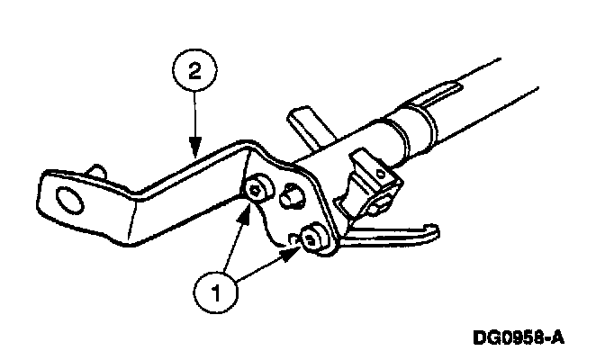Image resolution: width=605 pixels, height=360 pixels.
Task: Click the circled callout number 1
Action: [215, 290]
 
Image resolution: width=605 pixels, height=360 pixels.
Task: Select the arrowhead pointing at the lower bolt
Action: [292, 252]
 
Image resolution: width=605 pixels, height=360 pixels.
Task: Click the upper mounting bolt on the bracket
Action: [257, 187]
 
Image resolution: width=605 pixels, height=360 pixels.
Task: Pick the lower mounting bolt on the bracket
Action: [312, 239]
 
